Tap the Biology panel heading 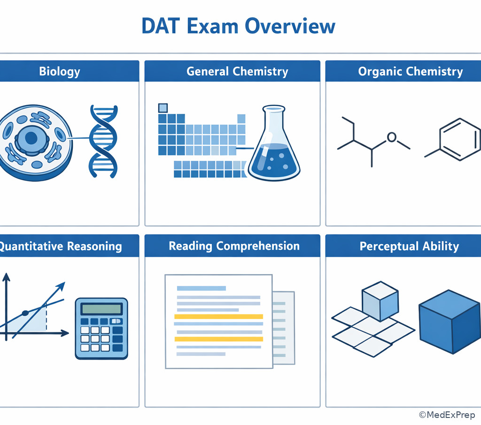click(x=59, y=71)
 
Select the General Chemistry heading click(x=237, y=71)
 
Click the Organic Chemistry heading click(x=410, y=71)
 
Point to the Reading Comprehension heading click(x=234, y=246)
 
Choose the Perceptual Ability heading click(x=409, y=246)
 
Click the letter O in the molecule click(x=392, y=137)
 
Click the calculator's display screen click(x=101, y=309)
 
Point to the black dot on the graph click(x=25, y=313)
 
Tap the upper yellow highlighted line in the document click(x=218, y=317)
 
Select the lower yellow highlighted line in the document click(x=218, y=338)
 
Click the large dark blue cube click(x=449, y=321)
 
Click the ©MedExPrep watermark click(x=447, y=415)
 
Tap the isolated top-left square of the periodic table click(x=163, y=108)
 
